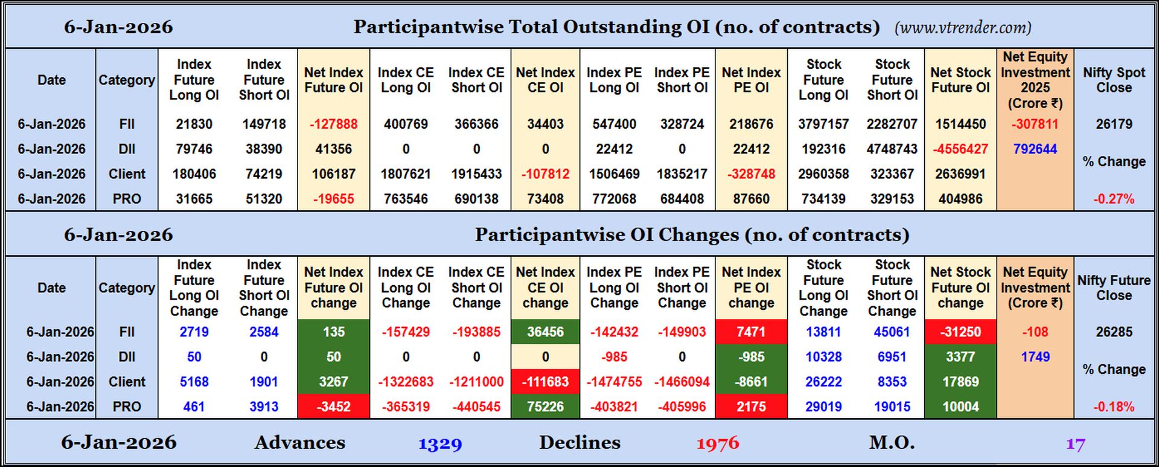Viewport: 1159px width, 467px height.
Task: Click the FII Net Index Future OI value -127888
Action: [333, 124]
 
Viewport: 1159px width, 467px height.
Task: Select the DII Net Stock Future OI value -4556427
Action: [960, 149]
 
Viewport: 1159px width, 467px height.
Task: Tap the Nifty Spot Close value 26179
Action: [1114, 124]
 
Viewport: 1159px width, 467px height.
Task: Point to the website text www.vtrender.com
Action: [963, 27]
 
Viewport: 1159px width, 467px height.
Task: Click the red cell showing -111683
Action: [545, 382]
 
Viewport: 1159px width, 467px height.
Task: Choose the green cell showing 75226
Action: [545, 407]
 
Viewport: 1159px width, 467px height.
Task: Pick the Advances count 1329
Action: [440, 444]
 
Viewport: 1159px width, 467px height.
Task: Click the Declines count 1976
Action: [717, 444]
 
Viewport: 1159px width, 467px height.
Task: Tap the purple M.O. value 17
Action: [1075, 444]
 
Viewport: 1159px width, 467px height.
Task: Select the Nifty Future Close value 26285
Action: [1114, 332]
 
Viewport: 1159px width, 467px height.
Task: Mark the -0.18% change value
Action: [1114, 407]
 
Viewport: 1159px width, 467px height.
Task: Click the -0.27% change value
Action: [1114, 199]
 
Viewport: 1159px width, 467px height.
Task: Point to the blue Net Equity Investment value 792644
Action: [1035, 149]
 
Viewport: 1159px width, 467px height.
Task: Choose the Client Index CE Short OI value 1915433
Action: [476, 174]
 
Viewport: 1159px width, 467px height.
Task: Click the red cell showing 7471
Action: [751, 332]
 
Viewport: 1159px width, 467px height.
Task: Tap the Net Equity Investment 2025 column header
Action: [1035, 80]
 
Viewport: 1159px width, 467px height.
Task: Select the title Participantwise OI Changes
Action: [691, 234]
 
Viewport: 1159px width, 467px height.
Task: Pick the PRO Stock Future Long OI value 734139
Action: [823, 199]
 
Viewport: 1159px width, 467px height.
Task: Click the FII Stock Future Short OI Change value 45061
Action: [892, 332]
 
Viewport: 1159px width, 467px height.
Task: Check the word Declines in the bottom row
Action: [579, 443]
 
